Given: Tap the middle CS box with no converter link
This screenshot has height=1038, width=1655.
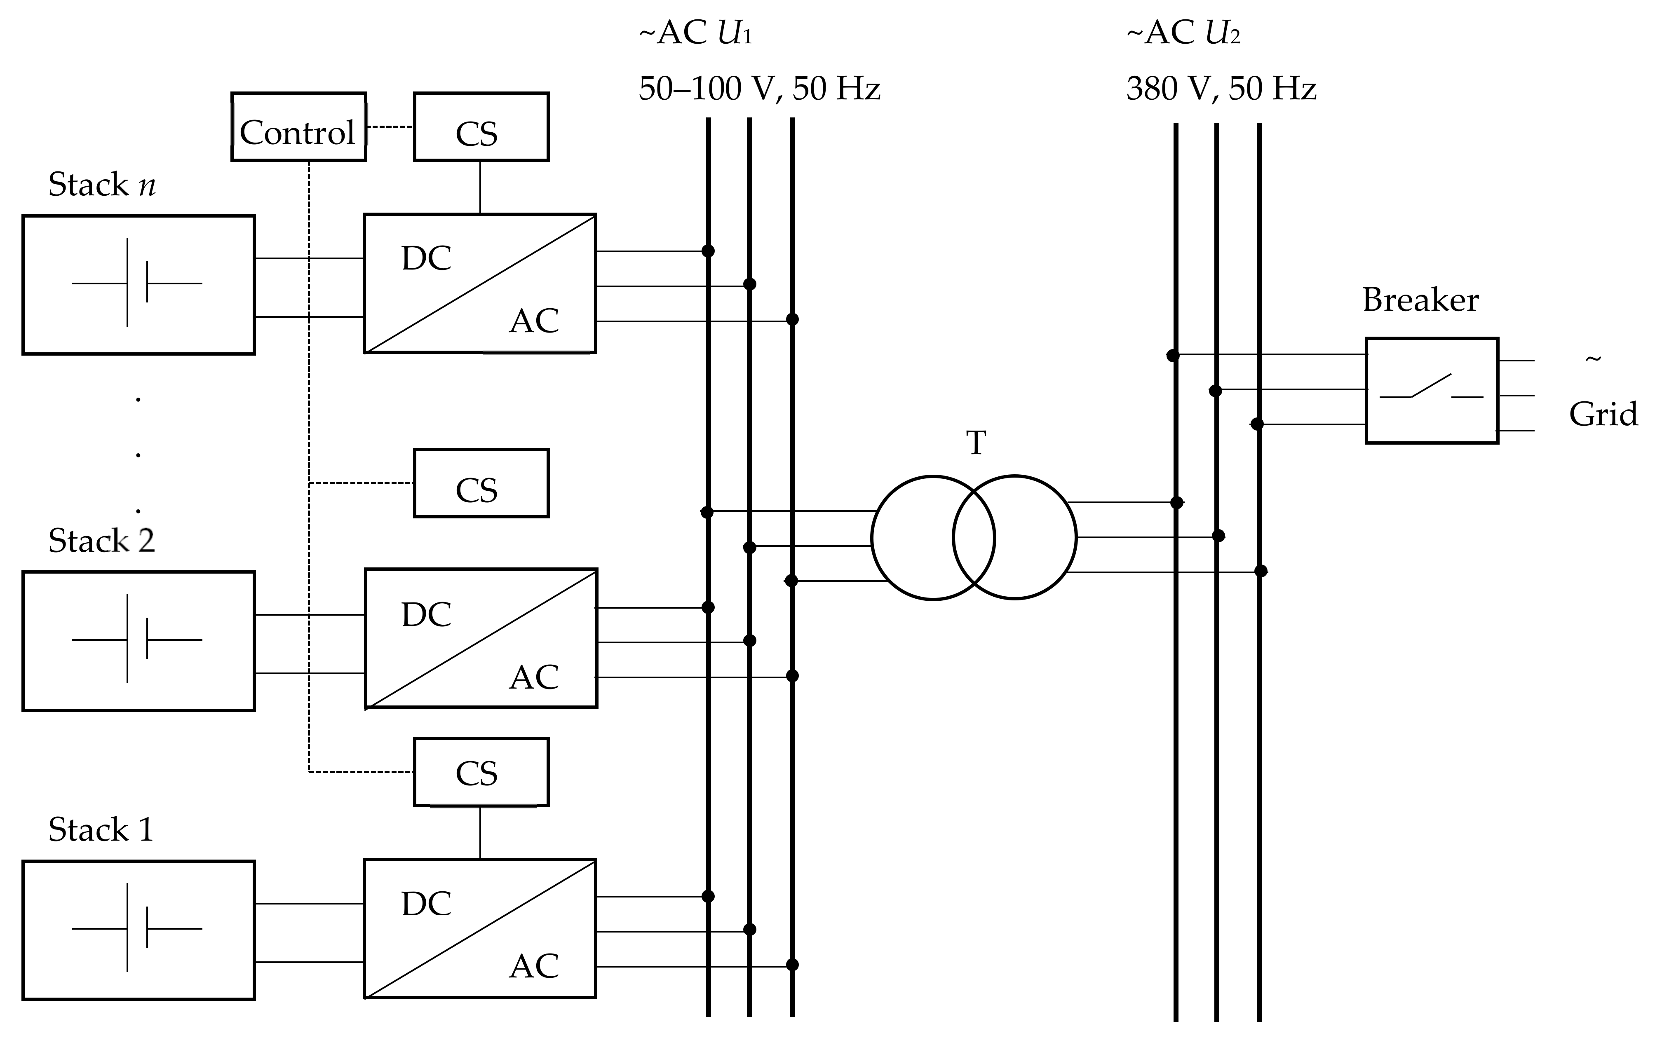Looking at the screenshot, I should coord(481,483).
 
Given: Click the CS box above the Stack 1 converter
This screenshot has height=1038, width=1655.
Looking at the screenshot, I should coord(481,772).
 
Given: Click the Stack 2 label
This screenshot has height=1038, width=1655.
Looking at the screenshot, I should coord(102,541).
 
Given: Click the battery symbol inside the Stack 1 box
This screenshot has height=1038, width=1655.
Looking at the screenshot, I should coord(137,928).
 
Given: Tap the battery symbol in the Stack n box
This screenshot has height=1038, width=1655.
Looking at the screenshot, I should coord(137,283).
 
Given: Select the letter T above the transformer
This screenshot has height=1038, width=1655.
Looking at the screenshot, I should coord(976,443).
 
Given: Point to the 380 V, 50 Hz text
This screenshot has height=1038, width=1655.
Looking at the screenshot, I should coord(1221,89).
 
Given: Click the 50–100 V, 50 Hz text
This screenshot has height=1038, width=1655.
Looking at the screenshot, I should coord(759,89).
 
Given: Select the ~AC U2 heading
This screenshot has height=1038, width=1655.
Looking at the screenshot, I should coord(1183,33).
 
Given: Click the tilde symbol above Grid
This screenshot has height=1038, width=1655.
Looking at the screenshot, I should coord(1593,359).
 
